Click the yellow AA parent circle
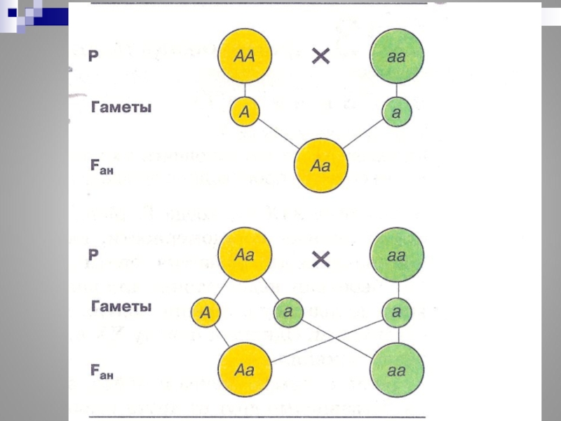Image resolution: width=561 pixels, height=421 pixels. pyautogui.click(x=244, y=55)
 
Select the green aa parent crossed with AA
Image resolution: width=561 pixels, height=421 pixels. pyautogui.click(x=396, y=55)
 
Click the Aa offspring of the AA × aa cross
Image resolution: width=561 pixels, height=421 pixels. pyautogui.click(x=320, y=166)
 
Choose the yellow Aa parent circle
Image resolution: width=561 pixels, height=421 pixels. pyautogui.click(x=244, y=254)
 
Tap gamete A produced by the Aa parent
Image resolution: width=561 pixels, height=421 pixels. pyautogui.click(x=206, y=312)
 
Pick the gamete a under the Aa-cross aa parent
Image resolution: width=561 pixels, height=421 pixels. pyautogui.click(x=396, y=310)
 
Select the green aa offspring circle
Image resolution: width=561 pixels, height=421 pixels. pyautogui.click(x=396, y=368)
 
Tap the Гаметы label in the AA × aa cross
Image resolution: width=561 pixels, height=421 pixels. pyautogui.click(x=121, y=109)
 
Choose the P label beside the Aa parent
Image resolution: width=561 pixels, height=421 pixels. pyautogui.click(x=93, y=254)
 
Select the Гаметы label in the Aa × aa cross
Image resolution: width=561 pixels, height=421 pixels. pyautogui.click(x=121, y=307)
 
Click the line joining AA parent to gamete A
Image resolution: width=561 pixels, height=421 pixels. pyautogui.click(x=244, y=90)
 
